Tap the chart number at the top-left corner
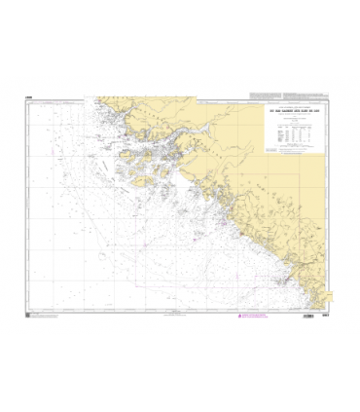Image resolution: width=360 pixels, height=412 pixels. click(x=29, y=95)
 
